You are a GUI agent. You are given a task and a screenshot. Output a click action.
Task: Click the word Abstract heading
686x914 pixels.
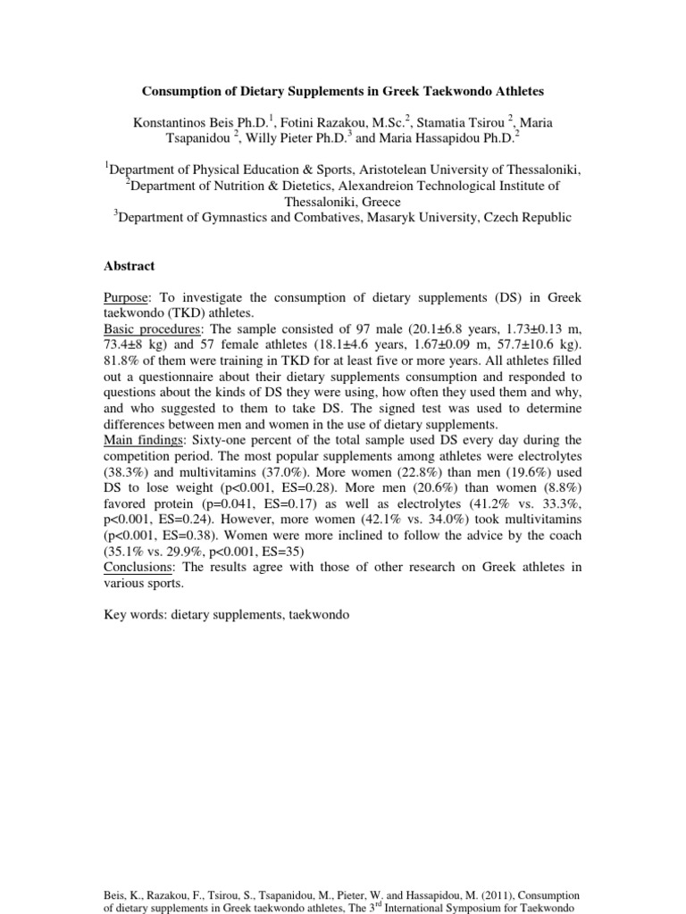(130, 266)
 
